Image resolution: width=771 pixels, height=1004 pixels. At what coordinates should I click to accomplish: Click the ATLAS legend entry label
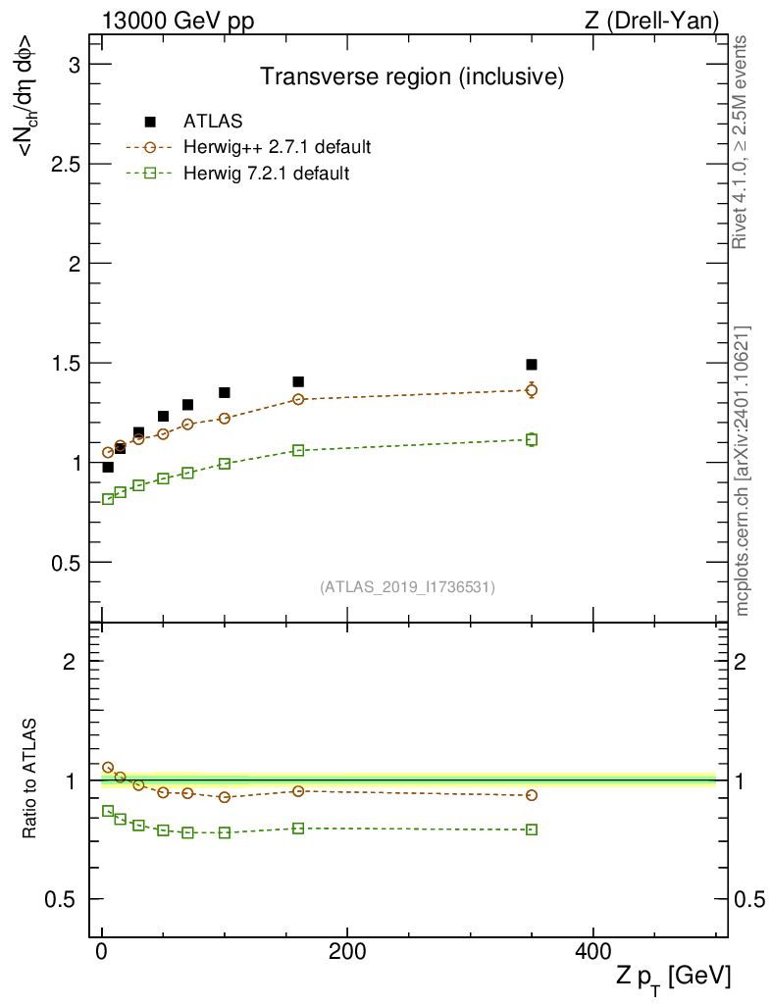[213, 122]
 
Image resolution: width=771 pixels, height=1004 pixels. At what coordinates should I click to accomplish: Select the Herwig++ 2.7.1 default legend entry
[277, 148]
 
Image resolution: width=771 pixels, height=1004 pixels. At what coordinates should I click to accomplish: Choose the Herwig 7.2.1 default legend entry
[266, 174]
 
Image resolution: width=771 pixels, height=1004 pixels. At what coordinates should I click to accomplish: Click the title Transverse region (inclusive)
[411, 75]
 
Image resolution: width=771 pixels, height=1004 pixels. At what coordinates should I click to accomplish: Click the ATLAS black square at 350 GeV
[532, 365]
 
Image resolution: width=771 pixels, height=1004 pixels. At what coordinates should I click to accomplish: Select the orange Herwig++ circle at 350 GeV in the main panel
[532, 390]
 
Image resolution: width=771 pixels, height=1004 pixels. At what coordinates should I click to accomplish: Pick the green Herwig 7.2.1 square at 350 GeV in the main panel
[532, 439]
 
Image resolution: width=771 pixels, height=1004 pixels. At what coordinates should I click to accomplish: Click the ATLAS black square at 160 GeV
[298, 381]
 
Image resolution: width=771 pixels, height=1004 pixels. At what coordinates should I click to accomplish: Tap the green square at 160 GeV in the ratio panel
[298, 828]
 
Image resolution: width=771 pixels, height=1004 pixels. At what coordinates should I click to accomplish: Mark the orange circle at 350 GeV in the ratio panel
[532, 795]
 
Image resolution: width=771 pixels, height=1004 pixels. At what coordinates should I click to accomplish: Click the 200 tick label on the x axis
[347, 951]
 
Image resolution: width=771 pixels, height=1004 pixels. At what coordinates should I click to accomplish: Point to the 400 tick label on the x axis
[592, 951]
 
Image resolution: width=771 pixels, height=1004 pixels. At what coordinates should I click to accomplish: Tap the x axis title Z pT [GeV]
[674, 977]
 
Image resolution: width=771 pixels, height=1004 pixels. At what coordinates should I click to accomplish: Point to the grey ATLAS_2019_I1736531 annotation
[407, 587]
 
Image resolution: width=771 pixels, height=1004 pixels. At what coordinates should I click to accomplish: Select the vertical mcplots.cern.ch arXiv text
[743, 471]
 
